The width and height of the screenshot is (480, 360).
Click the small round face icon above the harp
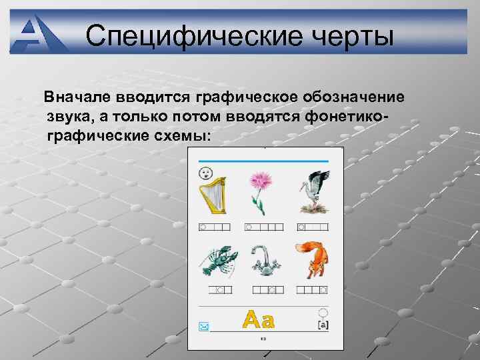coord(203,173)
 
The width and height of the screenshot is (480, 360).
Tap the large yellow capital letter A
coord(251,320)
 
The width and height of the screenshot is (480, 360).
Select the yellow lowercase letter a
coord(267,321)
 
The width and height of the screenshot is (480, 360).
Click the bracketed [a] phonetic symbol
coord(323,324)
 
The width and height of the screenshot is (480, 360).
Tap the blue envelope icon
coord(203,326)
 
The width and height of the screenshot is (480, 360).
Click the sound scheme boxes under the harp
coord(215,227)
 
